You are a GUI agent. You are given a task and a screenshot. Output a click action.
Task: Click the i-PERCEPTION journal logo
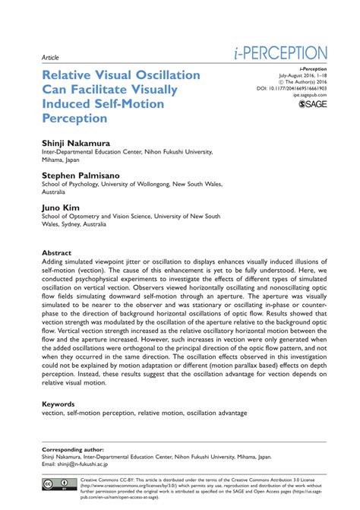point(280,53)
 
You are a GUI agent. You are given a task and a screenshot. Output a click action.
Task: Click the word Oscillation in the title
point(159,75)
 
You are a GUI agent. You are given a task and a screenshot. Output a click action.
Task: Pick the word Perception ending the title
point(76,119)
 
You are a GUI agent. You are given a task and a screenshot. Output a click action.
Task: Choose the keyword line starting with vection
point(144,413)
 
